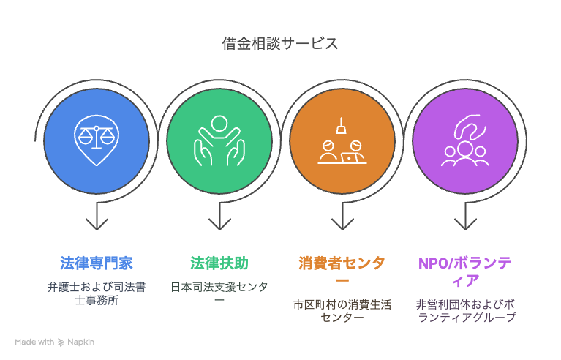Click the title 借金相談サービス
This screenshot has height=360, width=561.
280,44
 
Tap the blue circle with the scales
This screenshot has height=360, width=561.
97,140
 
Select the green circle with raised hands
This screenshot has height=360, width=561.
219,140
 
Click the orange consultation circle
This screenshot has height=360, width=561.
342,140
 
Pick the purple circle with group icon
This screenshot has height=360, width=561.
465,140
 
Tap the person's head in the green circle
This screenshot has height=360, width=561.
219,123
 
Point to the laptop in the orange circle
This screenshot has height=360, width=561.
349,158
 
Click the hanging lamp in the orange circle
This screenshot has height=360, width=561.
342,126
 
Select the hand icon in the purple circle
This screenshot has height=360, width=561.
470,127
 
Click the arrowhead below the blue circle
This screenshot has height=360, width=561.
97,224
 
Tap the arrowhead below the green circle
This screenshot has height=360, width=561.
219,224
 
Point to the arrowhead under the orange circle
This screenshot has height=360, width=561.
342,224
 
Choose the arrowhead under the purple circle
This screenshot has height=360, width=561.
465,224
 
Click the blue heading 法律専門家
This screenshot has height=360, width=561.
97,263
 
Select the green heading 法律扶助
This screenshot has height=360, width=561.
219,263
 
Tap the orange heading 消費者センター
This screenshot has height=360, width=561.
342,271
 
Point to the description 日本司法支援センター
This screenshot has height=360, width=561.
219,292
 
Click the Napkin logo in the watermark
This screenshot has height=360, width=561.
61,342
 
